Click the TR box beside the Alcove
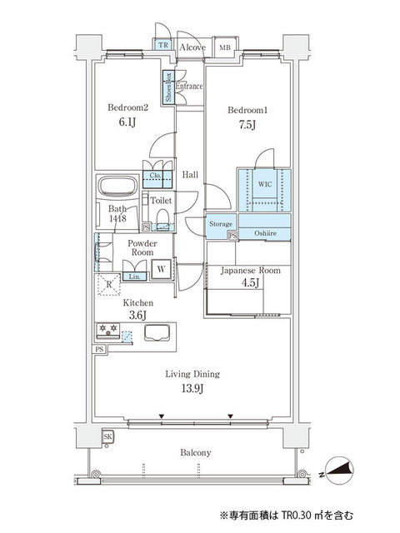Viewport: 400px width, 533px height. coord(164,45)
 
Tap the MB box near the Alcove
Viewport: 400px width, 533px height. coord(223,48)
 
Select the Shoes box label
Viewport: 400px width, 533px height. coord(167,87)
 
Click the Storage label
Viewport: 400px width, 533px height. coord(221,224)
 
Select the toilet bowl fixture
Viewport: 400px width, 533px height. coord(163,219)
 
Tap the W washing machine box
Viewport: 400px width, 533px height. coord(162,268)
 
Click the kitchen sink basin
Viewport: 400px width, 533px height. coord(158,332)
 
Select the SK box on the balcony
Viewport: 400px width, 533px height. coord(107,436)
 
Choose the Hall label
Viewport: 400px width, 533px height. coord(190,175)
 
